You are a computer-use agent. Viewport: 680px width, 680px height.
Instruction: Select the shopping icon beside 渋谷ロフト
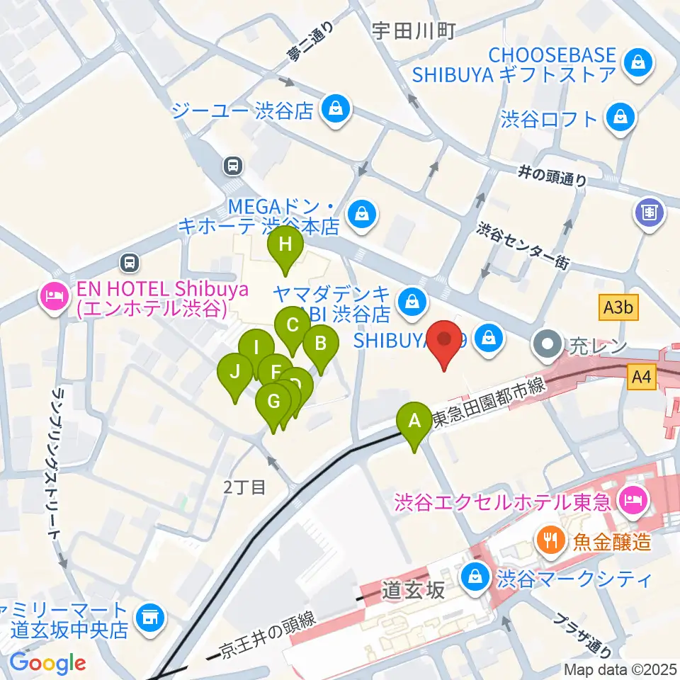[621, 118]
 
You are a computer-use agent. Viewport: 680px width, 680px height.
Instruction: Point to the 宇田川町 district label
[414, 30]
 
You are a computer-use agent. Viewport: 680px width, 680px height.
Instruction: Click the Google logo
[47, 664]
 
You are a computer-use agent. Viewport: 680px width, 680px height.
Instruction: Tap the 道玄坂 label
[414, 589]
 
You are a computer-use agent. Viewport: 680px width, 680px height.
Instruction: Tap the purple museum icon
[649, 211]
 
